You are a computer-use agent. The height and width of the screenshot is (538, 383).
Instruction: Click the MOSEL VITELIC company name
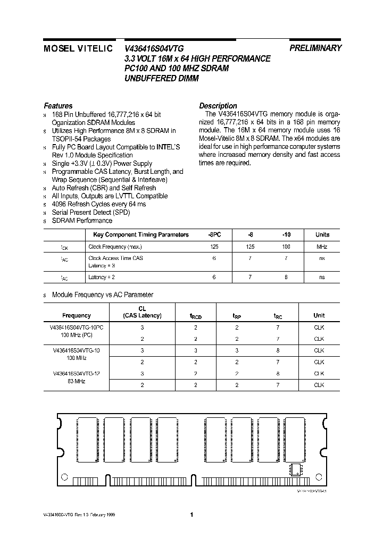click(x=78, y=48)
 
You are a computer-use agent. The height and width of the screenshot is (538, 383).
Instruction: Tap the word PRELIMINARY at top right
click(x=315, y=48)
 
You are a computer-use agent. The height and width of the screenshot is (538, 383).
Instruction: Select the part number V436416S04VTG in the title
click(x=154, y=48)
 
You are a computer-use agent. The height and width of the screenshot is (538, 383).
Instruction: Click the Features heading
click(x=58, y=106)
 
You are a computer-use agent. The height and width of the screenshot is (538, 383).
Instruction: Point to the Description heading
click(x=218, y=106)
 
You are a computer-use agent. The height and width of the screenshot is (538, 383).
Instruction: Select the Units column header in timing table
click(x=322, y=234)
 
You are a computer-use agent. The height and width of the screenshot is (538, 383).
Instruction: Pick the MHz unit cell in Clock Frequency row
click(x=322, y=247)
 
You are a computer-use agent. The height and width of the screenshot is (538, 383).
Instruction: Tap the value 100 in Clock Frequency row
click(x=286, y=247)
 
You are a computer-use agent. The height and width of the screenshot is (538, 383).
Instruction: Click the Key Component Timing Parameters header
click(x=141, y=234)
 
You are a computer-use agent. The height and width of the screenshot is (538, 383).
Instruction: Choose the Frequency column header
click(x=77, y=315)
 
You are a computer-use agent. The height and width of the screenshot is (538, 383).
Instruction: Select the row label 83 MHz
click(x=77, y=382)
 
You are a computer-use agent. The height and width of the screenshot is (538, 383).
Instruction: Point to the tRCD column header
click(x=196, y=316)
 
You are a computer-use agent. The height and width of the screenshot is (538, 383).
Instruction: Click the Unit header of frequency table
click(x=319, y=315)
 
